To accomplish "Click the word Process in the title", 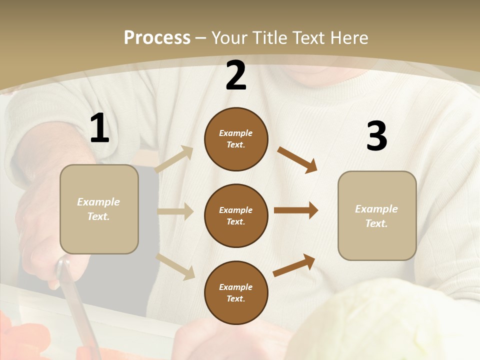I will (157, 38).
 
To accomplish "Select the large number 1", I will (99, 128).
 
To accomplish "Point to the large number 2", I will (236, 75).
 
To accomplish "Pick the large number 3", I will (376, 136).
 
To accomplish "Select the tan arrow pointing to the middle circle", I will (175, 211).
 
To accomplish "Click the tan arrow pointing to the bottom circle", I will (175, 265).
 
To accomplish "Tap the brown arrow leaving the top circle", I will (297, 159).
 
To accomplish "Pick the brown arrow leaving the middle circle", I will (296, 210).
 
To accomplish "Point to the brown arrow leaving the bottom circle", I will (294, 265).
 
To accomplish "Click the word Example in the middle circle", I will (236, 210).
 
